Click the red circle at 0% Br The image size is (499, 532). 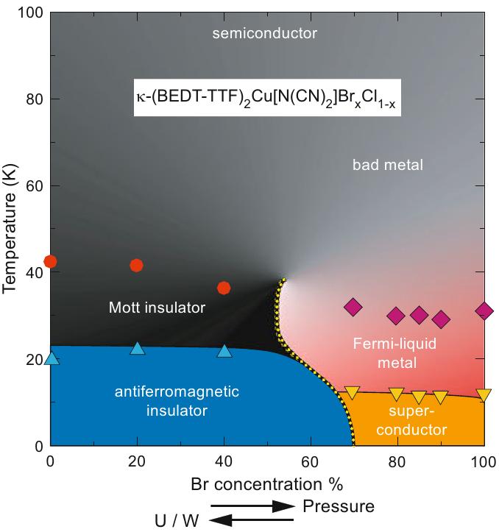(x=50, y=261)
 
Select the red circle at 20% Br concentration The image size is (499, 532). (x=136, y=265)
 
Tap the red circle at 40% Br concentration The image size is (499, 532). (x=224, y=287)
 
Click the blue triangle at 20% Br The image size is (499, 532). (x=137, y=348)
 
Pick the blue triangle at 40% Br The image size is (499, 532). (x=224, y=350)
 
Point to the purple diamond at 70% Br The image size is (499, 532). (x=353, y=307)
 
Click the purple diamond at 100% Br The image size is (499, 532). (x=484, y=311)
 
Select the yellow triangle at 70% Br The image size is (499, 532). (x=353, y=392)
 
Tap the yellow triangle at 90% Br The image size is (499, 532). (x=440, y=397)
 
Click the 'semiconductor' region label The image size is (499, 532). (x=263, y=33)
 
